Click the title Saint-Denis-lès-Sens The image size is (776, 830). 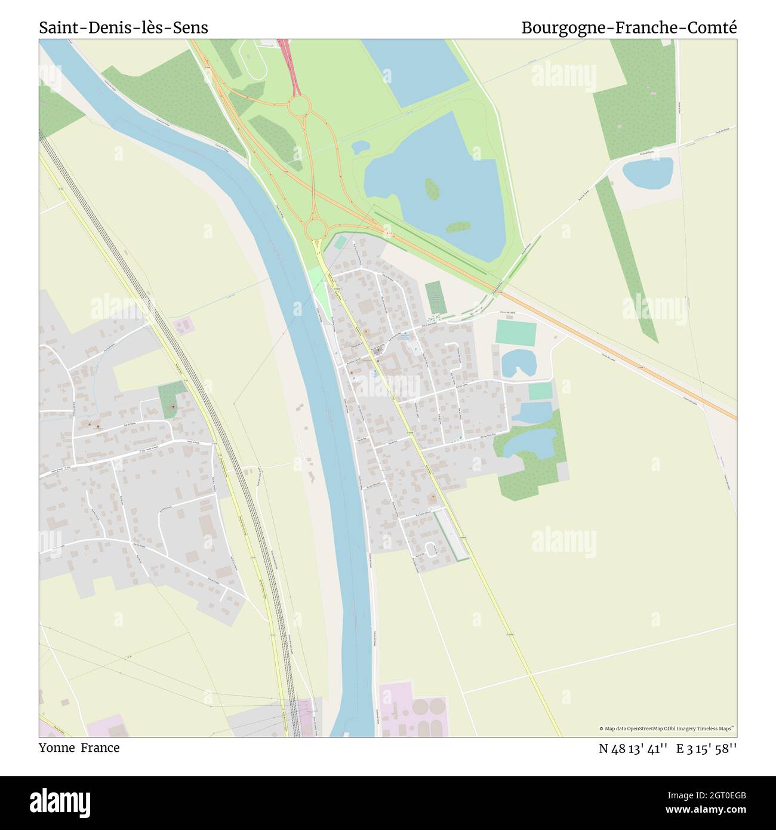[x=124, y=27]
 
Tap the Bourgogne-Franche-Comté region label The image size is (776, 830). [x=629, y=27]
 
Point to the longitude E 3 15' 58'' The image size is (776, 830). [x=707, y=749]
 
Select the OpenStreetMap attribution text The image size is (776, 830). [x=667, y=728]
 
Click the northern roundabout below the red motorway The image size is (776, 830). [x=299, y=107]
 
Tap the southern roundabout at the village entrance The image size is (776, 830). [x=315, y=228]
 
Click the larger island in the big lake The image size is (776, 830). [x=432, y=189]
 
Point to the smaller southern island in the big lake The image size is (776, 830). [x=458, y=227]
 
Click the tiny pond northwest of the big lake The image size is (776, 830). [x=360, y=146]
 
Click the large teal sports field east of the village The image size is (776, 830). [x=516, y=333]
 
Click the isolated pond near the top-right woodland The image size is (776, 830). [x=648, y=172]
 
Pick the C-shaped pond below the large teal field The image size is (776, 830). [x=517, y=363]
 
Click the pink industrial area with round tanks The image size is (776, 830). [x=413, y=709]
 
